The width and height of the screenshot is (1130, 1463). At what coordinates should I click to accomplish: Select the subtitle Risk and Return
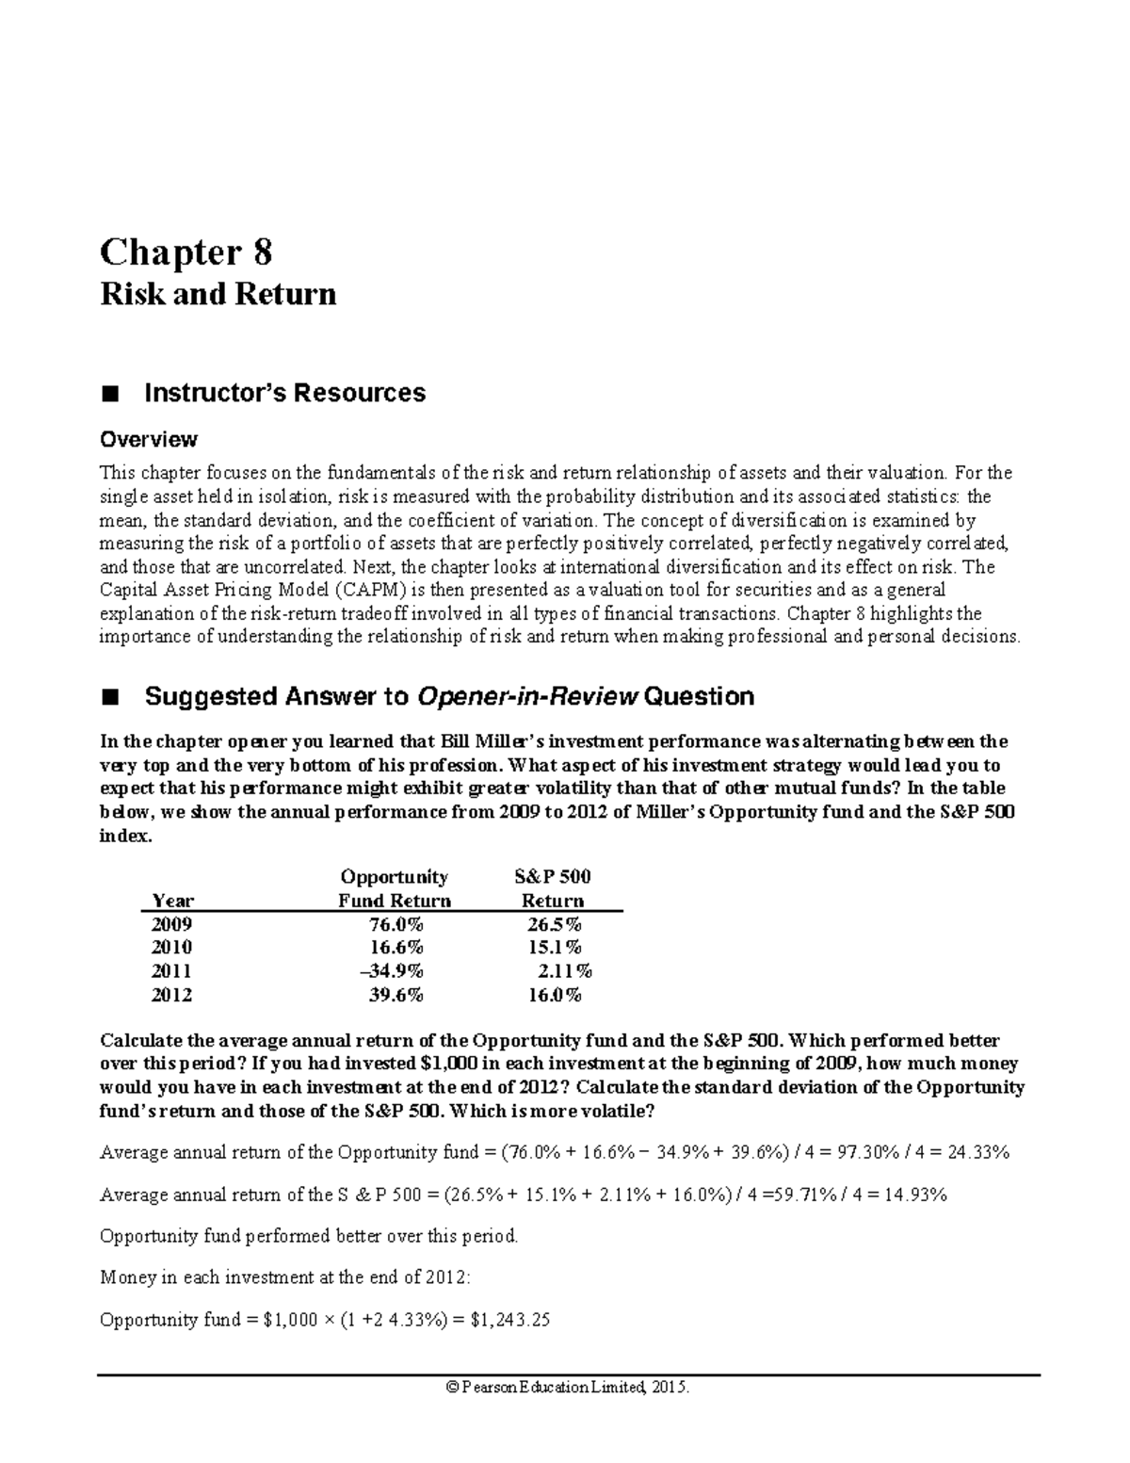coord(218,295)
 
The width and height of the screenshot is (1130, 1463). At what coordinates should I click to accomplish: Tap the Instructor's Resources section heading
coord(284,393)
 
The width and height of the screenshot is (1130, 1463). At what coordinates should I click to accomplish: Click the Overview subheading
coord(149,439)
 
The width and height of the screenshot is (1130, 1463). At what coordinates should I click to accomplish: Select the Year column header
coord(172,901)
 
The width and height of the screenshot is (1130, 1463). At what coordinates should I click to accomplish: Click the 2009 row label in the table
coord(171,924)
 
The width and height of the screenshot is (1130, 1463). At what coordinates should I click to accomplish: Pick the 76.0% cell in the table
coord(395,924)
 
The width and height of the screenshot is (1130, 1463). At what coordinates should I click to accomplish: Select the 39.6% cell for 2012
coord(395,995)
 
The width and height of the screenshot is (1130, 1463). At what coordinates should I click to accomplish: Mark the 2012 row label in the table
coord(171,995)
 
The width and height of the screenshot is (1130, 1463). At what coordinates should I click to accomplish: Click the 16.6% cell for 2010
coord(395,948)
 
